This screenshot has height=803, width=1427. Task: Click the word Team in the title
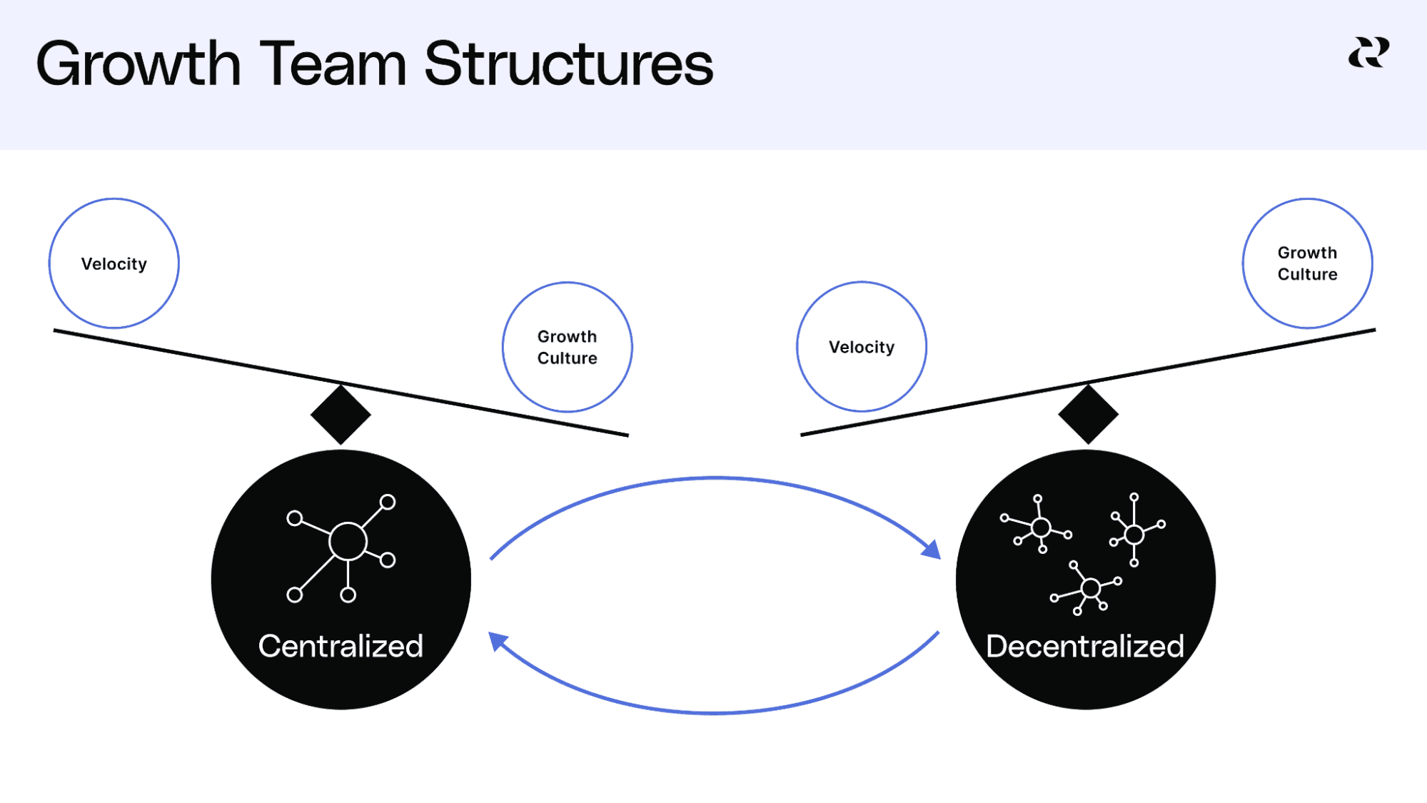tap(333, 65)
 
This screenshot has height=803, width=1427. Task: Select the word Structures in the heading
tap(568, 65)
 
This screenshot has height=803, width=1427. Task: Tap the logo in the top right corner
tap(1368, 54)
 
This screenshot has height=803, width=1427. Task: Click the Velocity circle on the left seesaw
tap(114, 263)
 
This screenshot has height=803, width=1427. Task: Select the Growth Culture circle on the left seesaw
tap(568, 347)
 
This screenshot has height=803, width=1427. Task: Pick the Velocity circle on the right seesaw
tap(862, 347)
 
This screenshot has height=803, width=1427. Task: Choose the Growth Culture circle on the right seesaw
tap(1307, 263)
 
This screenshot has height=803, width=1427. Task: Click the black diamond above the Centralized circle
tap(341, 415)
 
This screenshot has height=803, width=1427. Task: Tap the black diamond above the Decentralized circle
tap(1088, 415)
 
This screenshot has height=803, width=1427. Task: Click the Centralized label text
tap(341, 646)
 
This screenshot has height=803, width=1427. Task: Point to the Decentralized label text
tap(1085, 646)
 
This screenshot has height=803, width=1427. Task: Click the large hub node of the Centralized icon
tap(348, 542)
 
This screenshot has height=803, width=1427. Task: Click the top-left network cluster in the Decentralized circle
tap(1040, 527)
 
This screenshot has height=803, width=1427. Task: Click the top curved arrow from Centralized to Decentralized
tap(714, 478)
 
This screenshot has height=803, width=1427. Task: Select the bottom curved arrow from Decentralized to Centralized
tap(714, 712)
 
